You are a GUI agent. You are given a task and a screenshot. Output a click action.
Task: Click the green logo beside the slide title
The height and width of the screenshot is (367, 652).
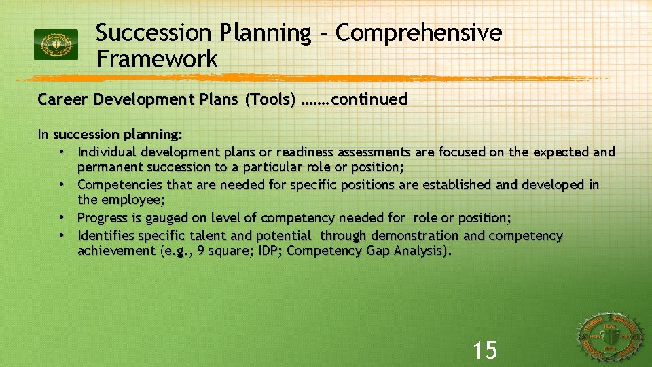[x=56, y=45]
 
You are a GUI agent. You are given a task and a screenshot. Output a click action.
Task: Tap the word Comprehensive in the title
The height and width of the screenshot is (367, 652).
[x=418, y=33]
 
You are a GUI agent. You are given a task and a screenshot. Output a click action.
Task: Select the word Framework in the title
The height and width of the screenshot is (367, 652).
[x=157, y=59]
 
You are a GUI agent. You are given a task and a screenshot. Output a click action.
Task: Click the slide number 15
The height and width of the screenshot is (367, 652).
[x=485, y=351]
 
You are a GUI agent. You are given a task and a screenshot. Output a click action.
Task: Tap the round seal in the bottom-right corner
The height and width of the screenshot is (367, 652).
[x=611, y=336]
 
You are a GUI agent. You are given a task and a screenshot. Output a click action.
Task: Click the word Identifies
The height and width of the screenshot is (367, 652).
[x=106, y=235]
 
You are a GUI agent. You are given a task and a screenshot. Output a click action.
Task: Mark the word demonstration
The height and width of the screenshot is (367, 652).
[x=405, y=235]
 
